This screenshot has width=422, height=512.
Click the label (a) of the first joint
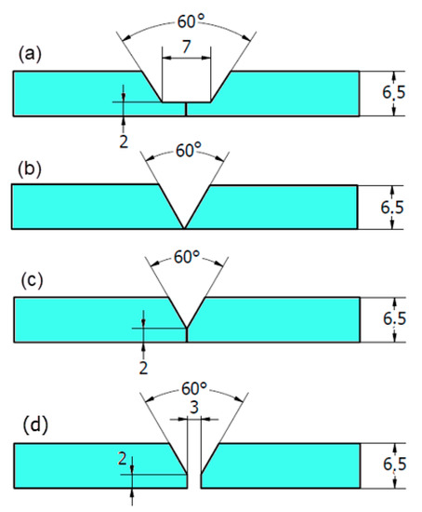click(x=31, y=55)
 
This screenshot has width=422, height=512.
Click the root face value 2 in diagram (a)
click(x=123, y=140)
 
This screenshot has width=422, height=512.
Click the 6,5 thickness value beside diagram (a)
click(x=393, y=93)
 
